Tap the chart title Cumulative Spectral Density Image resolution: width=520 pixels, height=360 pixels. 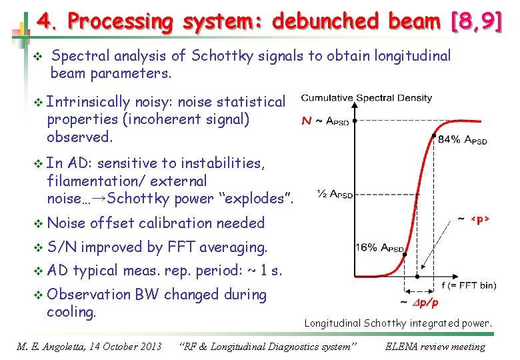pos(367,98)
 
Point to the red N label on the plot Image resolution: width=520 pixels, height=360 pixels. pos(307,121)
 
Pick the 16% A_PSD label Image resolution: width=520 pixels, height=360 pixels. pos(380,248)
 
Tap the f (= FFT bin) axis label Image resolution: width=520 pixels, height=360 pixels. pos(468,285)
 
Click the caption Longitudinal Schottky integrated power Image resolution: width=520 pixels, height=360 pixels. pos(398,323)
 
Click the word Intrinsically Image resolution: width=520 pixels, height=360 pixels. pos(89,102)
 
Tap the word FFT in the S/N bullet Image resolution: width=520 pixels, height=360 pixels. pos(181,247)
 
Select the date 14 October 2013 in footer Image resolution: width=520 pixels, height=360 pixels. pos(125,347)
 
